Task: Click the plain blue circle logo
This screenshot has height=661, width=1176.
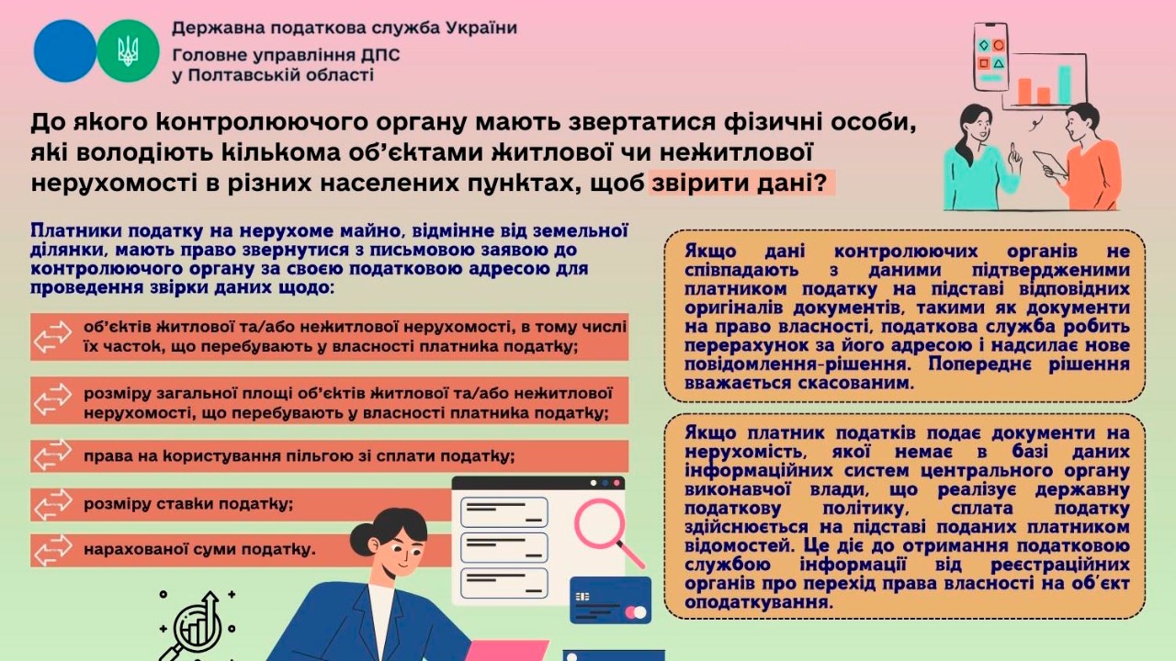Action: click(64, 50)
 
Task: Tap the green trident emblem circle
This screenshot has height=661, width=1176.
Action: click(129, 50)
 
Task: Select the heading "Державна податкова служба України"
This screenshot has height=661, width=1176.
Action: click(344, 28)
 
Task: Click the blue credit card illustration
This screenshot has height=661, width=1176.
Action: click(610, 599)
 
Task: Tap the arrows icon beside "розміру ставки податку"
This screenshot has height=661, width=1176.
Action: click(52, 503)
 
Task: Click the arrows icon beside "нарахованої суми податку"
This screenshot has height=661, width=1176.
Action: click(52, 550)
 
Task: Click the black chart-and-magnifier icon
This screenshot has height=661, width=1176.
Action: click(196, 624)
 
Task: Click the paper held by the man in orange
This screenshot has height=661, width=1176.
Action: click(1050, 163)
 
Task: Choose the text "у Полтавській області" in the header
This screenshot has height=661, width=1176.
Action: click(272, 75)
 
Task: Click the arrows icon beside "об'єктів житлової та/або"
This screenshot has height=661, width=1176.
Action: click(52, 337)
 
